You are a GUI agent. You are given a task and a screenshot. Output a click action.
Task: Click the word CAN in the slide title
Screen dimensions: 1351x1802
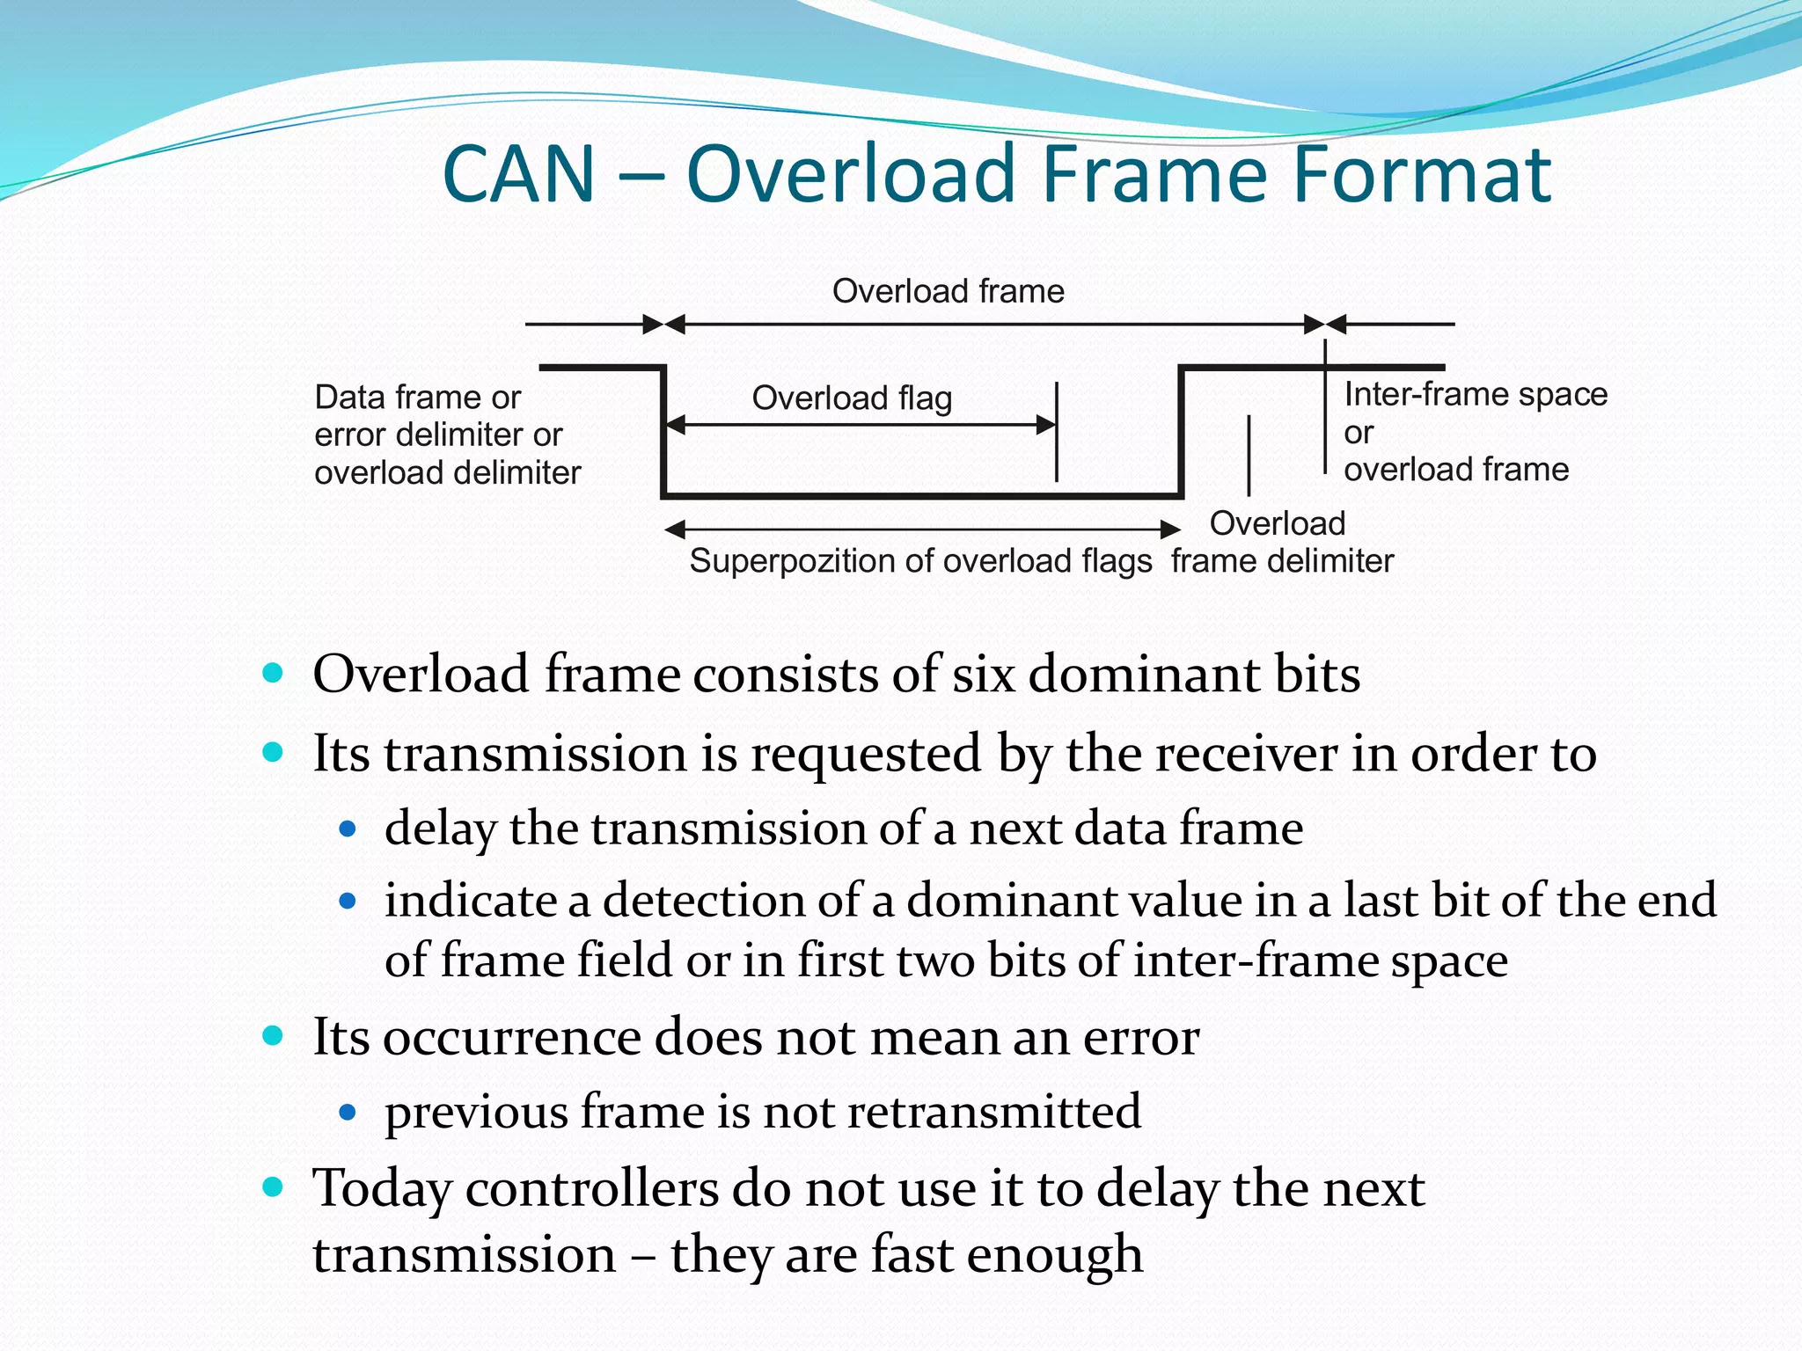[x=519, y=174]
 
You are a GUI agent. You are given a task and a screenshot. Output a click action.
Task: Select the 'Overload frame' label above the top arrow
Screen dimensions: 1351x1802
[x=948, y=291]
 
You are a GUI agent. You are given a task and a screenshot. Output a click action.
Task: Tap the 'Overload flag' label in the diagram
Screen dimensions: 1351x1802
[x=852, y=398]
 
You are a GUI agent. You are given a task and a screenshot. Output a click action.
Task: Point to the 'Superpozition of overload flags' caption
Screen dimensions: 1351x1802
[x=920, y=561]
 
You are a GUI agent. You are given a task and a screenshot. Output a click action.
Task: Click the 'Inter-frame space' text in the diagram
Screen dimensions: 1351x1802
[x=1476, y=394]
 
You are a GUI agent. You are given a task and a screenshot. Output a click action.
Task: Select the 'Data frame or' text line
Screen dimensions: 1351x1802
[x=418, y=398]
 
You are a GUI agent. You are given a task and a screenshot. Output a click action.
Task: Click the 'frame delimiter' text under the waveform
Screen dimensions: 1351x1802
[x=1282, y=561]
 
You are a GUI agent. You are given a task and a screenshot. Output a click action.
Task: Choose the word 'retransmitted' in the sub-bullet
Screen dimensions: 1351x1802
[x=994, y=1111]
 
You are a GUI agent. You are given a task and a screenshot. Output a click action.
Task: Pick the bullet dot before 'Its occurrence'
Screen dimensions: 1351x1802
[x=273, y=1035]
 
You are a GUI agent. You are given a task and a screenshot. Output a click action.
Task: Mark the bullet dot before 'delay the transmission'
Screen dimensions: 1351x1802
[x=348, y=829]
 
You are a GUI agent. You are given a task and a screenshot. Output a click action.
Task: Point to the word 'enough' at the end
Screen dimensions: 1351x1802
[x=1055, y=1255]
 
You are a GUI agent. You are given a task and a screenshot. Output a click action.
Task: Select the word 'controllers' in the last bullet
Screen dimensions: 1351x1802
[x=591, y=1189]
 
